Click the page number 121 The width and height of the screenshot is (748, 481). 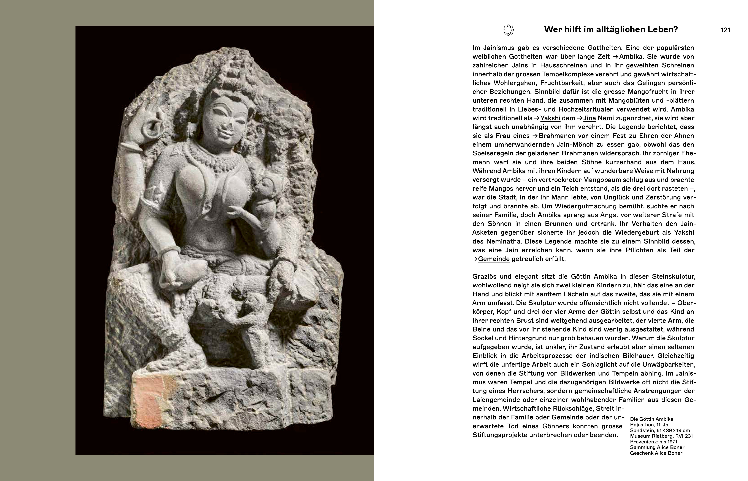[x=725, y=30]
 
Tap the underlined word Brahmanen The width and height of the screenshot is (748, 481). [x=567, y=136]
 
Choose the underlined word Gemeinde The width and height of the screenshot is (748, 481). [x=494, y=259]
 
